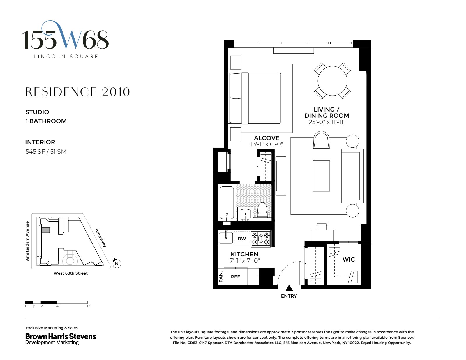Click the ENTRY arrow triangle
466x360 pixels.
[x=289, y=288]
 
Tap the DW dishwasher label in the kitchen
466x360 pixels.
[x=242, y=239]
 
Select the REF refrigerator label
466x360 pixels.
[x=235, y=277]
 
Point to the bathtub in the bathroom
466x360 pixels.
[x=227, y=203]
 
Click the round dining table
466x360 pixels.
[x=332, y=81]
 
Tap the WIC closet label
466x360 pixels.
[x=349, y=259]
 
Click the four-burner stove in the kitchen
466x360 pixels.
[x=261, y=239]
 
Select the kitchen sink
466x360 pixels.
[x=226, y=237]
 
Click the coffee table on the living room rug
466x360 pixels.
[x=321, y=176]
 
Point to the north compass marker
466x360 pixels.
[x=116, y=264]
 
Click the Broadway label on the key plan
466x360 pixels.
[x=101, y=238]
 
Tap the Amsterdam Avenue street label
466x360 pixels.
[x=27, y=241]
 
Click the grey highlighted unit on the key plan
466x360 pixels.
[x=45, y=230]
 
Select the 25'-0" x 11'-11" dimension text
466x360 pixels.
[x=327, y=122]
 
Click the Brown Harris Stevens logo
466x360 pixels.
[x=61, y=339]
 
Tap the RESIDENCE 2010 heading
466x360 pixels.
[x=77, y=92]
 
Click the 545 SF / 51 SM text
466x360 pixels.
[x=46, y=151]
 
